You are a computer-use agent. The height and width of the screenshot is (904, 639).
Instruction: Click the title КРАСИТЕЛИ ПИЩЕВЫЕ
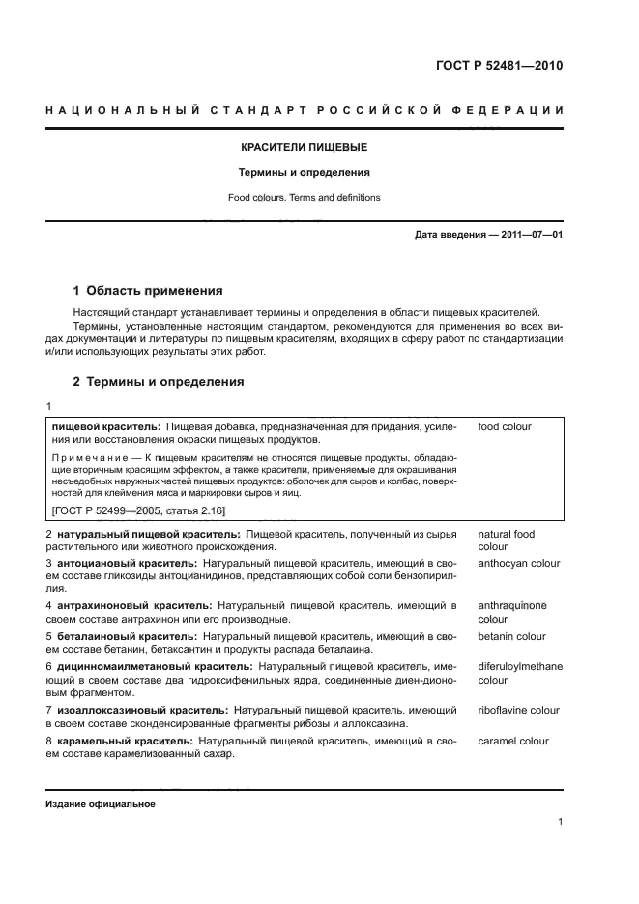[304, 148]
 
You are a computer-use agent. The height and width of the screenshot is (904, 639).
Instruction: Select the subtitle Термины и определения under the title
[304, 173]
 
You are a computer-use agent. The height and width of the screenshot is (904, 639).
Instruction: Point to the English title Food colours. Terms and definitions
[304, 198]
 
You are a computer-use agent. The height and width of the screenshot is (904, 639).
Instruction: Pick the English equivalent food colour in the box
[505, 426]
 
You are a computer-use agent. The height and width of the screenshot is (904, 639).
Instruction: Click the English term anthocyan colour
[519, 562]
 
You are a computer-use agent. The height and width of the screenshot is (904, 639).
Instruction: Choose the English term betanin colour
[511, 636]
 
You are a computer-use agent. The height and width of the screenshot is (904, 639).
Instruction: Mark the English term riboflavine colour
[518, 710]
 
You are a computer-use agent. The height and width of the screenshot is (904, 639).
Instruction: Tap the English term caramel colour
[513, 741]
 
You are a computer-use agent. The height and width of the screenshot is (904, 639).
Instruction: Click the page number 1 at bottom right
[561, 822]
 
